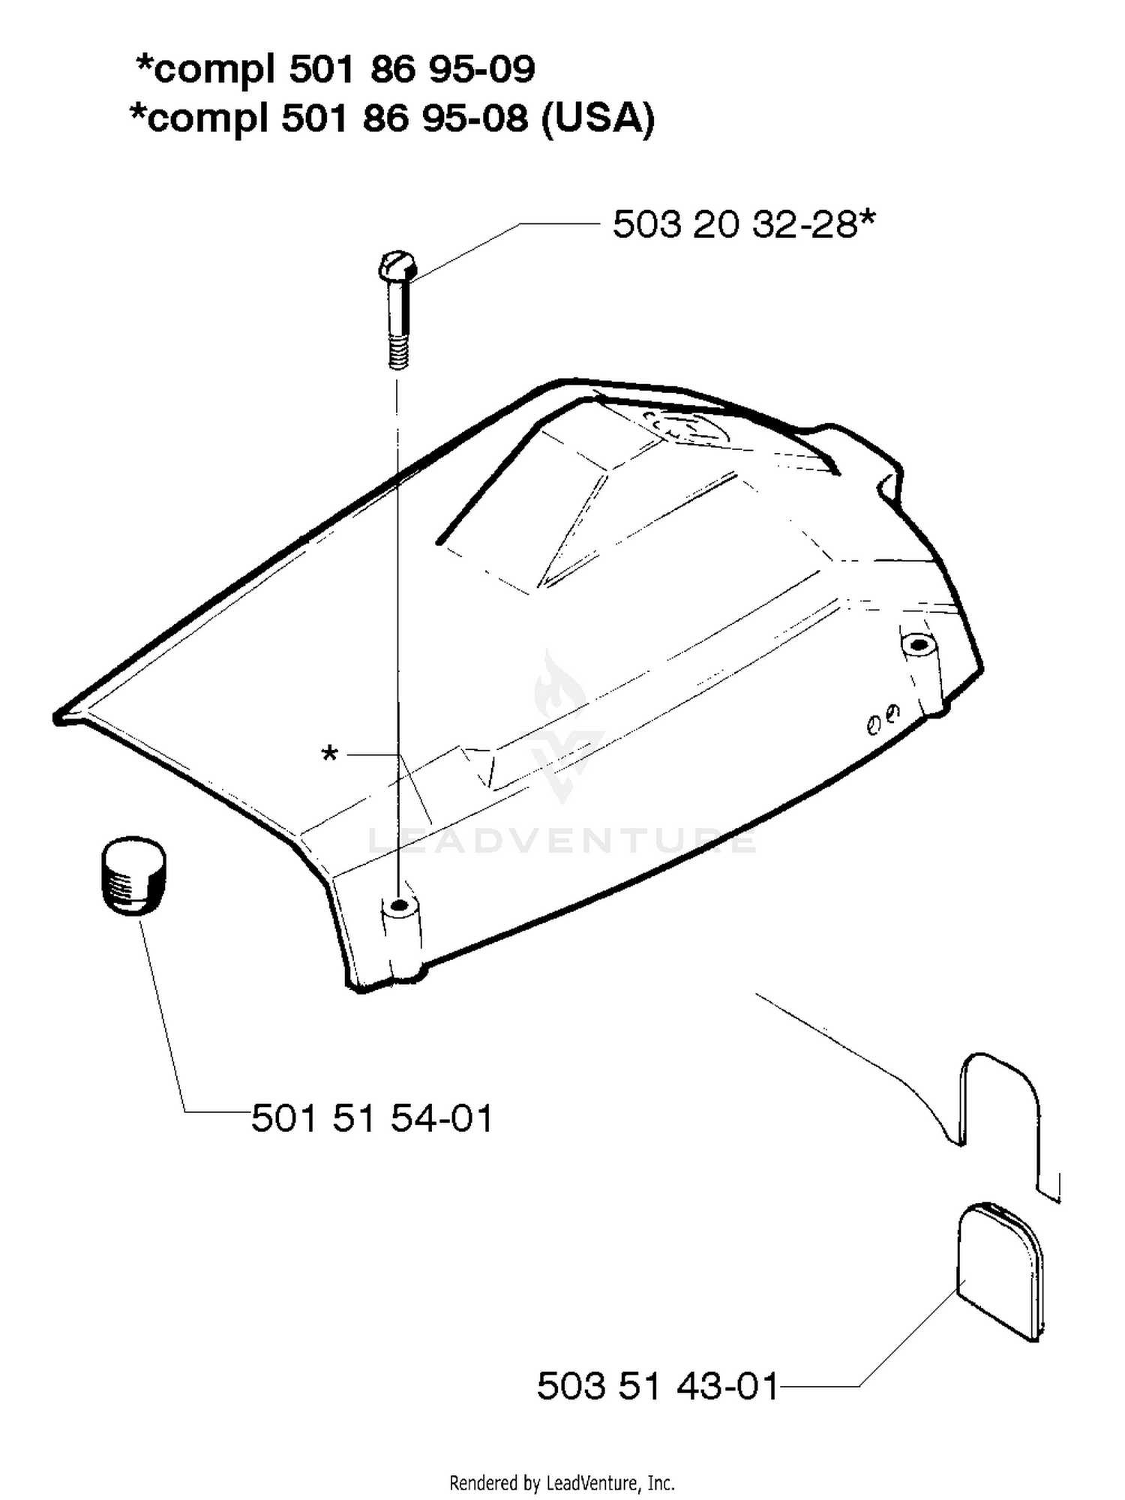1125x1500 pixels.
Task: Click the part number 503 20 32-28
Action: pyautogui.click(x=734, y=224)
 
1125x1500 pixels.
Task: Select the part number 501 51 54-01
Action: pyautogui.click(x=372, y=1118)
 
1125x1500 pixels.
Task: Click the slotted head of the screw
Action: pyautogui.click(x=397, y=265)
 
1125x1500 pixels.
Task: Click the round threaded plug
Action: pyautogui.click(x=133, y=875)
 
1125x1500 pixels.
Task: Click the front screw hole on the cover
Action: pyautogui.click(x=400, y=905)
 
